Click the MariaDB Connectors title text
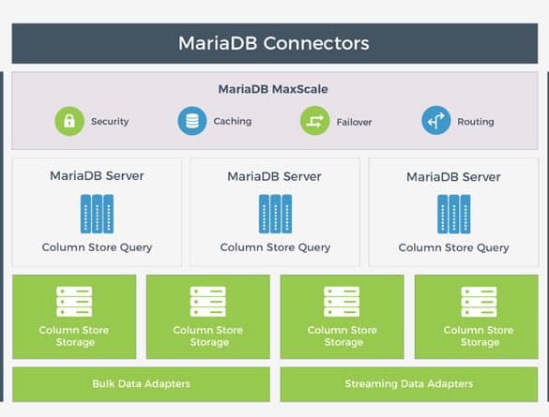point(274,43)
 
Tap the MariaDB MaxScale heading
point(273,89)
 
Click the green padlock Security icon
point(69,121)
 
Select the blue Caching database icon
point(191,121)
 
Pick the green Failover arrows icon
point(314,121)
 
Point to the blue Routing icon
point(435,121)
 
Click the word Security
point(110,122)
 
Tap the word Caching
point(233,121)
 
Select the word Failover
point(354,122)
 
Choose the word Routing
point(476,122)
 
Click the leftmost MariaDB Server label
point(97,175)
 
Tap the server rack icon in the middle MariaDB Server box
point(275,214)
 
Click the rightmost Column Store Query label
point(454,247)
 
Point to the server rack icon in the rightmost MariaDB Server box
point(454,215)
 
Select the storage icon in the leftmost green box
point(74,302)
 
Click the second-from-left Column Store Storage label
point(208,335)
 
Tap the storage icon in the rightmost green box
point(479,302)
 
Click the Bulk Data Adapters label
point(141,384)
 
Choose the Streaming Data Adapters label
point(409,384)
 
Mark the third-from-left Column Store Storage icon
point(342,302)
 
